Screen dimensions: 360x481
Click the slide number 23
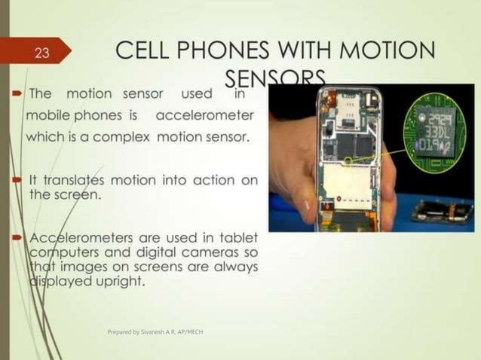41,53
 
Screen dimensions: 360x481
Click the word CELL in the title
149,52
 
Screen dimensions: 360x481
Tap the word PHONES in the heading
236,52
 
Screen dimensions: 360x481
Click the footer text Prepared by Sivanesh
155,331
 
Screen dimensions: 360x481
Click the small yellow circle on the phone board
348,160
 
